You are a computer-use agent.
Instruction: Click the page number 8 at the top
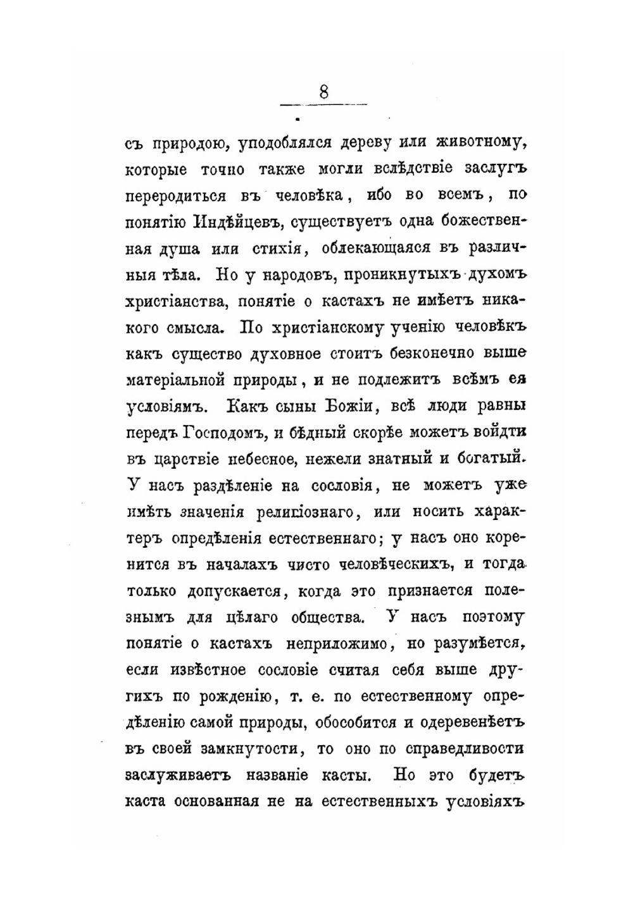pos(323,92)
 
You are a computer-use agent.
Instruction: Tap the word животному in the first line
pos(480,143)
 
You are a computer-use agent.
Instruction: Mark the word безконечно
pos(418,354)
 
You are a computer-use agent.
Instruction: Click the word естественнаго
pos(323,538)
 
